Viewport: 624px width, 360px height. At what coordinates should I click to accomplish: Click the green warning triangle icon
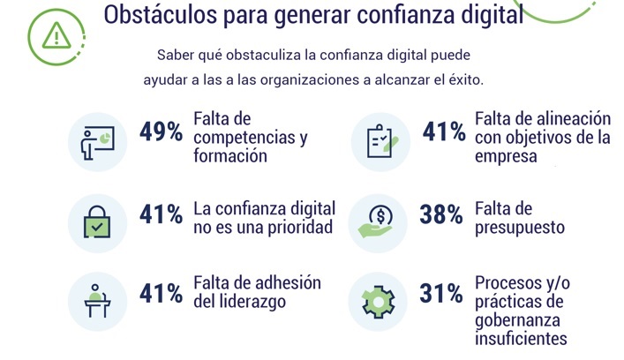(x=57, y=34)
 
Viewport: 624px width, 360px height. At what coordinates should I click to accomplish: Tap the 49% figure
(x=162, y=133)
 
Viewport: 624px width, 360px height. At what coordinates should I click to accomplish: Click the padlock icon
(x=98, y=219)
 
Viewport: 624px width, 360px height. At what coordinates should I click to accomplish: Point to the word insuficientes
(x=521, y=338)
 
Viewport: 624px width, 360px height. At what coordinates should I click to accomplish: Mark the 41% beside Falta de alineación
(x=444, y=132)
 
